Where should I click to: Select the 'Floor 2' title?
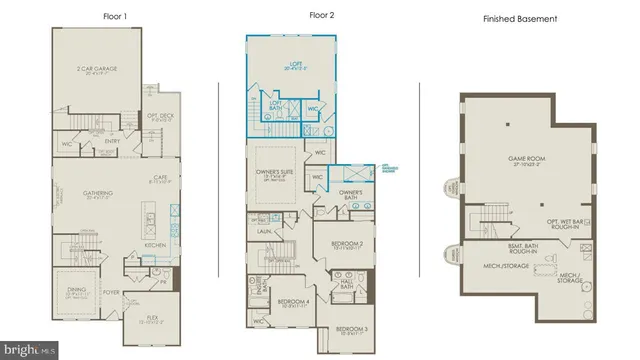pos(319,16)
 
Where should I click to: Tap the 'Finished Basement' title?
pos(520,19)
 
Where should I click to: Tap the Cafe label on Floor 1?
pos(160,178)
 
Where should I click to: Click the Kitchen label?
pos(155,245)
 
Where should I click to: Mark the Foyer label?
pos(112,293)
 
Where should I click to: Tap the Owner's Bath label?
pos(349,192)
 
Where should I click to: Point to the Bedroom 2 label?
pos(346,243)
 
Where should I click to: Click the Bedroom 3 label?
pos(351,329)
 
